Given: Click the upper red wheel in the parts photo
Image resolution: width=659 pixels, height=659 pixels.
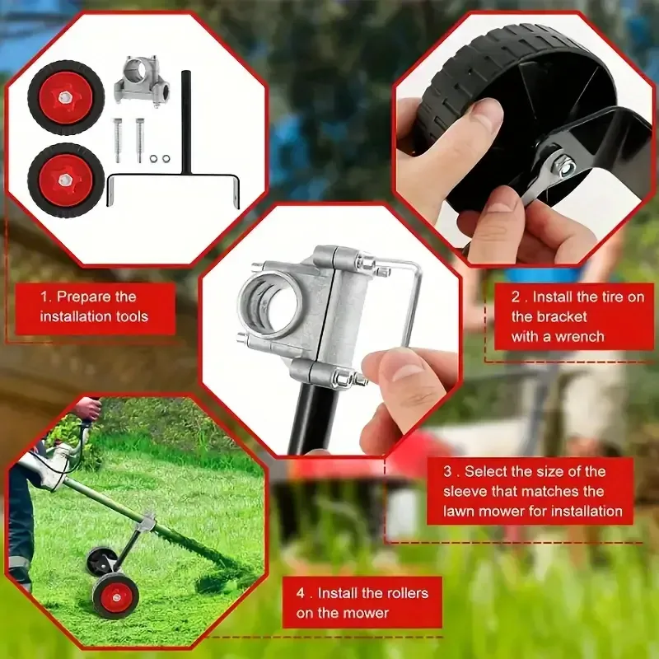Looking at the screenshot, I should point(65,97).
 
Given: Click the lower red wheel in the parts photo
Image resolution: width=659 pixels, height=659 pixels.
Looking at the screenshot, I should point(65,180).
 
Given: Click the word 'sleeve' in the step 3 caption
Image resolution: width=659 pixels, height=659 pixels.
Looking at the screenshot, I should point(468,492).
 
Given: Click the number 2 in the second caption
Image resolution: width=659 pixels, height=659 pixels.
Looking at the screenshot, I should point(515,297).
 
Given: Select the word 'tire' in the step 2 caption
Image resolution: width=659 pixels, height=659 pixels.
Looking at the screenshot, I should point(602,297).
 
